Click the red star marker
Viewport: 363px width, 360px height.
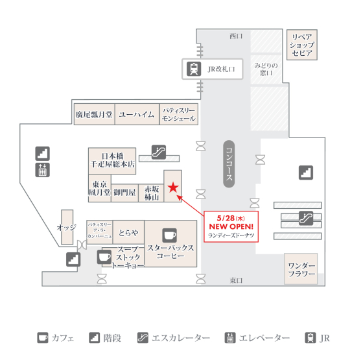173,187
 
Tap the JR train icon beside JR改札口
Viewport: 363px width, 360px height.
194,69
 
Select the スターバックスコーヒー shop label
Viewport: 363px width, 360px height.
170,252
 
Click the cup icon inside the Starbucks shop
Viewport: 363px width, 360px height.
169,235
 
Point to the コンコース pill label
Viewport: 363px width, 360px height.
229,163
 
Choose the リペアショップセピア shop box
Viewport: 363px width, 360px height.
302,45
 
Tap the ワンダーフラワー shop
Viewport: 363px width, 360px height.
301,269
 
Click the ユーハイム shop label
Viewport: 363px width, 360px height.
136,114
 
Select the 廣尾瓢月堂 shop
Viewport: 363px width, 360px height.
94,114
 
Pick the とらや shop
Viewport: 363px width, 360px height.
128,232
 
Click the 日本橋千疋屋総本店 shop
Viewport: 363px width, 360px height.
112,161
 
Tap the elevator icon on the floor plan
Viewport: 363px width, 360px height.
42,170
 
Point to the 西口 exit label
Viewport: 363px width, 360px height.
236,36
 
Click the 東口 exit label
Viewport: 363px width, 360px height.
236,280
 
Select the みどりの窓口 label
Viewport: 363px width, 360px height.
266,69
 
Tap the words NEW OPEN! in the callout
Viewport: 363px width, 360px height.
231,226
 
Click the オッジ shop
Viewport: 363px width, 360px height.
67,227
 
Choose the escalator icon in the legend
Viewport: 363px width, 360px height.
143,338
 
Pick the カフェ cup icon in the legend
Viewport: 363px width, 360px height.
43,338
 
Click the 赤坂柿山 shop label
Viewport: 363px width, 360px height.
152,193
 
